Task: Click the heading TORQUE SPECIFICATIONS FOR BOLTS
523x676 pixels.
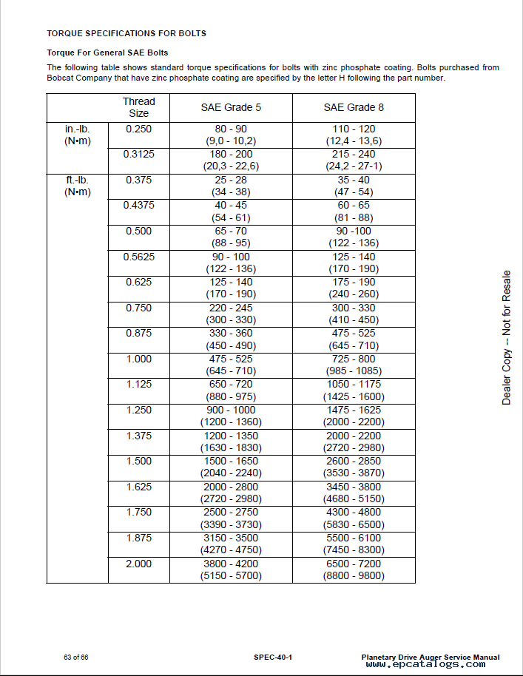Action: pos(126,34)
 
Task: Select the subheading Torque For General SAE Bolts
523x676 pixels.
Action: pos(107,53)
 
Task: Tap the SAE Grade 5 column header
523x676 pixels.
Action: pos(231,107)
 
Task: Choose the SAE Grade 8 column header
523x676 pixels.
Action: pos(354,107)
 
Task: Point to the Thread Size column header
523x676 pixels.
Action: pos(138,107)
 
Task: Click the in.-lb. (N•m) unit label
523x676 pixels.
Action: pos(78,135)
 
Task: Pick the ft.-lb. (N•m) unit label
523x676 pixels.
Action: pos(78,186)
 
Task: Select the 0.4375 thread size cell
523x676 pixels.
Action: pos(138,205)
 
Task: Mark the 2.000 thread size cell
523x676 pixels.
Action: pos(138,564)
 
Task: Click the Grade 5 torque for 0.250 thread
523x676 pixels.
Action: pos(231,135)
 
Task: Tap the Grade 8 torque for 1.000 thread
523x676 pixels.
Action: pos(354,365)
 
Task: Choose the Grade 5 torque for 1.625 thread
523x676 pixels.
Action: pos(231,493)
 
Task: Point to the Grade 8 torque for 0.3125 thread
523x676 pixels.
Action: pos(354,160)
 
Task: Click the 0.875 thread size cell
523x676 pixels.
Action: pos(138,333)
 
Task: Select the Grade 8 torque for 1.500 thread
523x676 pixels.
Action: pos(354,467)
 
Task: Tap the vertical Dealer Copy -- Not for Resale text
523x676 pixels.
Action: pos(507,337)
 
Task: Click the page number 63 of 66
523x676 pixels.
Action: pos(76,657)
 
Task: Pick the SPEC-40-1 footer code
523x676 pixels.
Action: pos(273,657)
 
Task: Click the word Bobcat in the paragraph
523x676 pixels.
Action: pos(61,78)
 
